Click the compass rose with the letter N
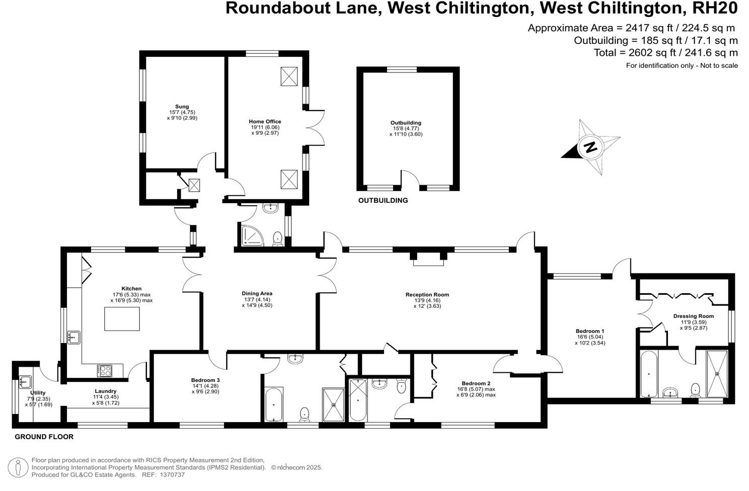pos(590,147)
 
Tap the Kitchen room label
pos(131,289)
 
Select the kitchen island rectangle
pos(122,318)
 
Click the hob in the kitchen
pos(105,371)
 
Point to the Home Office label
pos(265,122)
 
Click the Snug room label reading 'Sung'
pos(182,107)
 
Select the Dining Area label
pos(257,294)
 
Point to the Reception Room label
pos(427,295)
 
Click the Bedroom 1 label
pos(589,332)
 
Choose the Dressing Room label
pos(693,316)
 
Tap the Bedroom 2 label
pos(476,383)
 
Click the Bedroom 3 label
pos(205,380)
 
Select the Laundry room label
pos(105,391)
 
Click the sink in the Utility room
pos(25,382)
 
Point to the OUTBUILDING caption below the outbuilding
pos(383,201)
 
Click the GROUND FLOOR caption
pos(44,437)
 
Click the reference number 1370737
pos(171,474)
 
